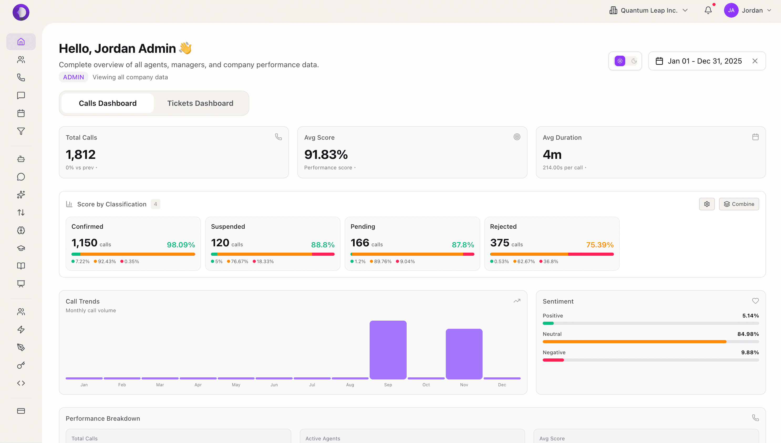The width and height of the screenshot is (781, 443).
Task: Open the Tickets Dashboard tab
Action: click(200, 103)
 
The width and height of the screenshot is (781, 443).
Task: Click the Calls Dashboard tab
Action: click(107, 103)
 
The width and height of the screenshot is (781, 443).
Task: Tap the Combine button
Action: click(739, 204)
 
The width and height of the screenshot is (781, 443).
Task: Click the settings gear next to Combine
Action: click(706, 204)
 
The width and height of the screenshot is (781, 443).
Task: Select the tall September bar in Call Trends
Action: click(388, 350)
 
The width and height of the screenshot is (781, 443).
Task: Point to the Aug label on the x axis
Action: click(350, 385)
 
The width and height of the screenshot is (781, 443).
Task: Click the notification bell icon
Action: click(708, 10)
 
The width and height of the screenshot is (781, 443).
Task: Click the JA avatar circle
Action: click(731, 10)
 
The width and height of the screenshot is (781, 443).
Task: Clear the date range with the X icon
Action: click(754, 61)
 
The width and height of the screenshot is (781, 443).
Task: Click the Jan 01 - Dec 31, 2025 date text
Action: click(704, 61)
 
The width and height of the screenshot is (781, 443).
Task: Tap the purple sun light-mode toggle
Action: click(620, 61)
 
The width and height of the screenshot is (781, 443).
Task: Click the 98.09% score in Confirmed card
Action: click(180, 245)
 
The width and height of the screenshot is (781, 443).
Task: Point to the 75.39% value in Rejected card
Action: click(599, 245)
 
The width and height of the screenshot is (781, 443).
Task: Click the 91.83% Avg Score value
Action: click(326, 155)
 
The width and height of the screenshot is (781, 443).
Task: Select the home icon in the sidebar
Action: click(21, 42)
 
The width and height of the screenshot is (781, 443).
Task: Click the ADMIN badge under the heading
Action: click(73, 77)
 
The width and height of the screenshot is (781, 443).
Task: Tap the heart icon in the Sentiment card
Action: click(755, 301)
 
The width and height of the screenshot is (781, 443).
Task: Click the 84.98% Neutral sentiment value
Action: click(748, 334)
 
